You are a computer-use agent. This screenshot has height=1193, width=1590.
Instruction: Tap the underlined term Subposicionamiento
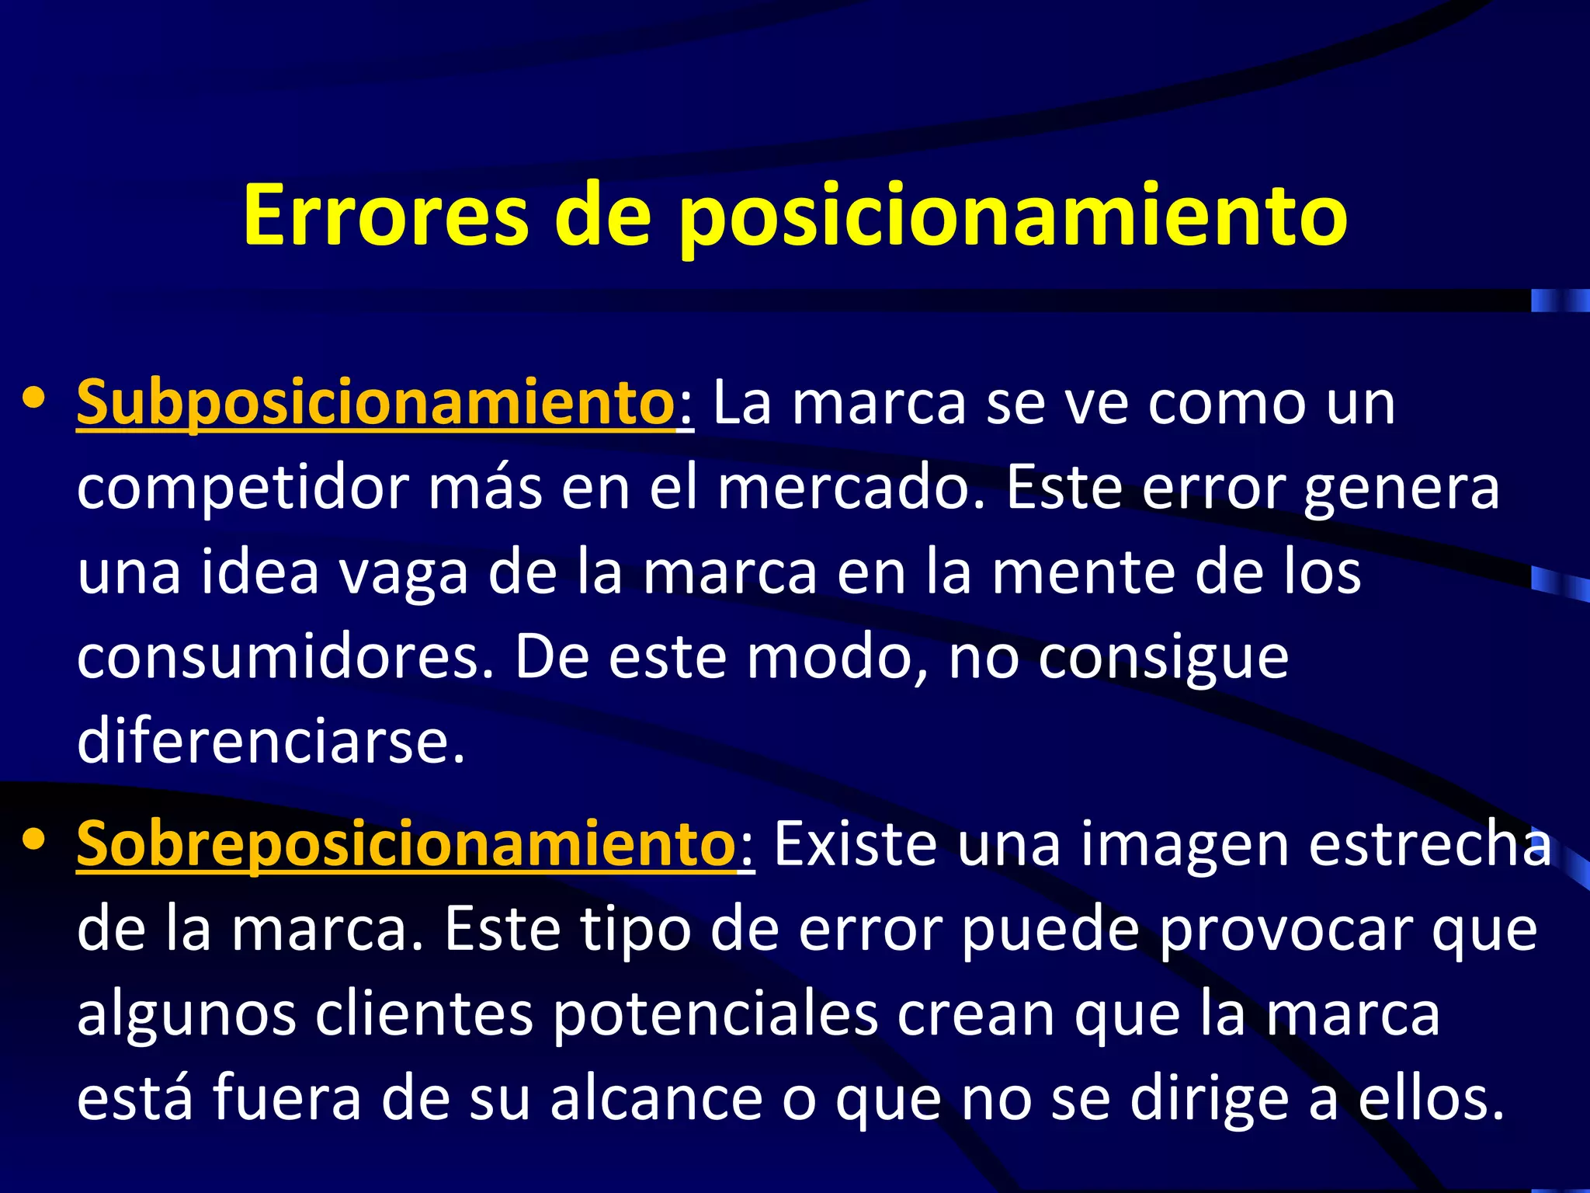pos(376,402)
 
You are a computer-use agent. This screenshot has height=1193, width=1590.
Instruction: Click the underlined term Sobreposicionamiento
pos(405,844)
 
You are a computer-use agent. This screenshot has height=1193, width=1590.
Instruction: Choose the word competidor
pos(243,489)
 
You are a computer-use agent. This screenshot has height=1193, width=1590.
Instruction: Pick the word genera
pos(1401,489)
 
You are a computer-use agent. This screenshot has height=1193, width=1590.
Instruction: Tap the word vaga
pos(404,573)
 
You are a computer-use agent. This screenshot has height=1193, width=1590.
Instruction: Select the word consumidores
pos(286,657)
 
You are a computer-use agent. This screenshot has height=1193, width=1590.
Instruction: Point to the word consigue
pos(1164,659)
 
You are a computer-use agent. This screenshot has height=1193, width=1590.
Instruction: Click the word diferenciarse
pos(271,741)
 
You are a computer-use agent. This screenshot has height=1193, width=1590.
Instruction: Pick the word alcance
pos(657,1098)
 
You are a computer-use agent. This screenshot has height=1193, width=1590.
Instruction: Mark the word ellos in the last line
pos(1429,1098)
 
